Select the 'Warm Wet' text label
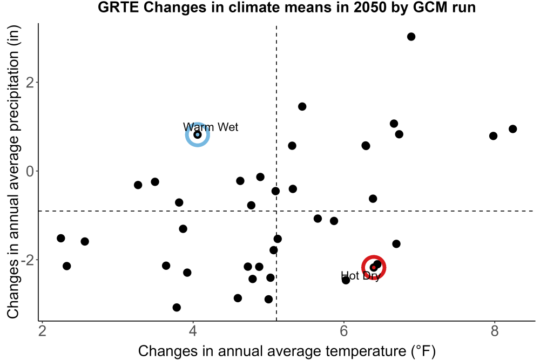click(x=211, y=127)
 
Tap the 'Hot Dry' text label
click(x=361, y=276)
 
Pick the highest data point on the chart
click(x=411, y=37)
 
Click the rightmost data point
click(x=512, y=128)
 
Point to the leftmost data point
click(x=60, y=238)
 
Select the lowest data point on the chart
click(x=177, y=307)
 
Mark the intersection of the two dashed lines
click(x=276, y=210)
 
